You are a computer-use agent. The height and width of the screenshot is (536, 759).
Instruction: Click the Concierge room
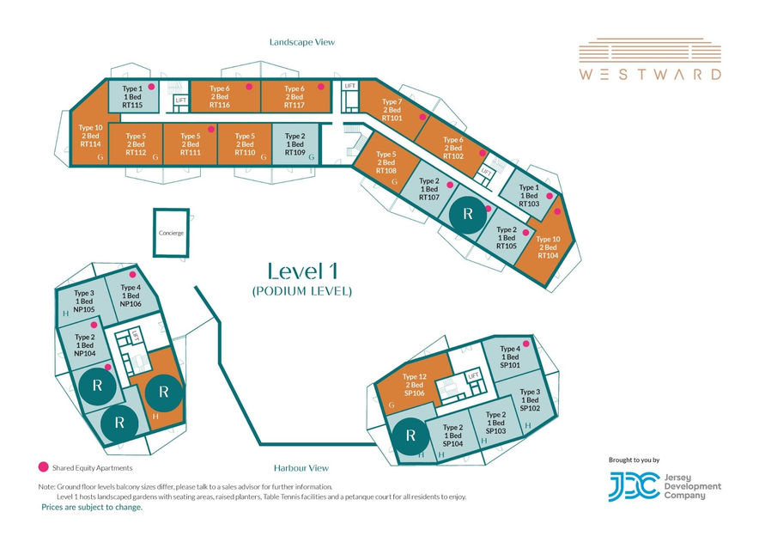[x=171, y=233]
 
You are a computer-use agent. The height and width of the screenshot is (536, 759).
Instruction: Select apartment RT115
[x=133, y=96]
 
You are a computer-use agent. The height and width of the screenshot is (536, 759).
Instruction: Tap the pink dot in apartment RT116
[x=249, y=87]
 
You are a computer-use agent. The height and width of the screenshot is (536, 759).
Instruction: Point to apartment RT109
[x=295, y=144]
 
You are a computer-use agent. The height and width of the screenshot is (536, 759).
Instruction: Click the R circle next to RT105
[x=468, y=214]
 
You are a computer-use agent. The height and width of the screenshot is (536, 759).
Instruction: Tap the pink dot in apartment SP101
[x=525, y=344]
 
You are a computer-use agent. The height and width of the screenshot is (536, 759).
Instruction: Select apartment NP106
[x=131, y=296]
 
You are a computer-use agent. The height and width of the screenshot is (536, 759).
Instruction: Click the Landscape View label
[x=302, y=42]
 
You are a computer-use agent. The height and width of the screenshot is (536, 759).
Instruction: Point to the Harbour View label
[x=301, y=468]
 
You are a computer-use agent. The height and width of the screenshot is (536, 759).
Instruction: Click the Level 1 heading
[x=302, y=271]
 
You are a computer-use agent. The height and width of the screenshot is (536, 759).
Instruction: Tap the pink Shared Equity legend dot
[x=44, y=467]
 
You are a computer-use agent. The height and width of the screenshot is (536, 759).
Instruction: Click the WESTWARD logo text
[x=650, y=74]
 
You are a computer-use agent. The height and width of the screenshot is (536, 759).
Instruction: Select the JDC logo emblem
[x=635, y=486]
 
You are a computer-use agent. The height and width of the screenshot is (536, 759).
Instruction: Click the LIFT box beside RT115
[x=181, y=100]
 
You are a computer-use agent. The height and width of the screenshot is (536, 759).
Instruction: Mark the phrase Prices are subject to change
[x=92, y=508]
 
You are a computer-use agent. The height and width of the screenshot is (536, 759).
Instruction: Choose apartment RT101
[x=392, y=109]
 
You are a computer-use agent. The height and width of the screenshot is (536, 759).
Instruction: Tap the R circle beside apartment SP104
[x=411, y=435]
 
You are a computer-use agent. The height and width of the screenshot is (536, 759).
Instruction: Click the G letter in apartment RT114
[x=100, y=157]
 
